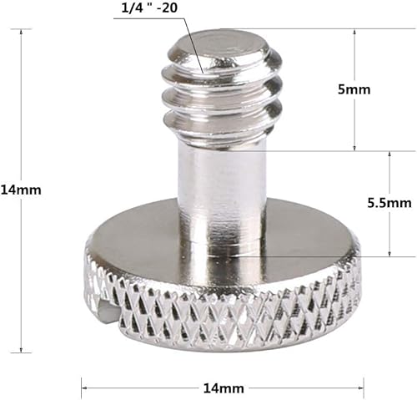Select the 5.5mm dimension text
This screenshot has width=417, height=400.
coord(389,203)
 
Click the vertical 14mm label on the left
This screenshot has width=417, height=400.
coord(21,190)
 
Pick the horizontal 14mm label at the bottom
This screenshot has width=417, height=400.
coord(223,387)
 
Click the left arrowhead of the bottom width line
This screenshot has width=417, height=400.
coord(84,386)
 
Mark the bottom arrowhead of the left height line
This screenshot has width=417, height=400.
coord(21,348)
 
